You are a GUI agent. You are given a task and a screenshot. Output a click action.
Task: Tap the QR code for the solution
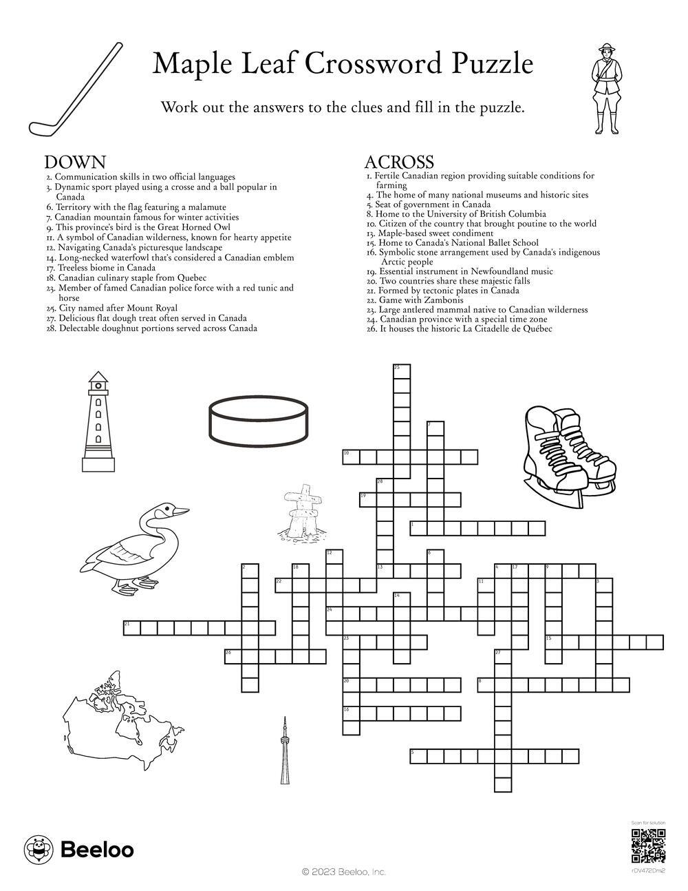pos(648,846)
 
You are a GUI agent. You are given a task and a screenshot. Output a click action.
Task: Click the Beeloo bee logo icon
pos(39,850)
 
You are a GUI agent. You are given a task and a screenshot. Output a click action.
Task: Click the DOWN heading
pos(75,162)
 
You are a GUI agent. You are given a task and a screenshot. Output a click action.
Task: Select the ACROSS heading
pos(398,162)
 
